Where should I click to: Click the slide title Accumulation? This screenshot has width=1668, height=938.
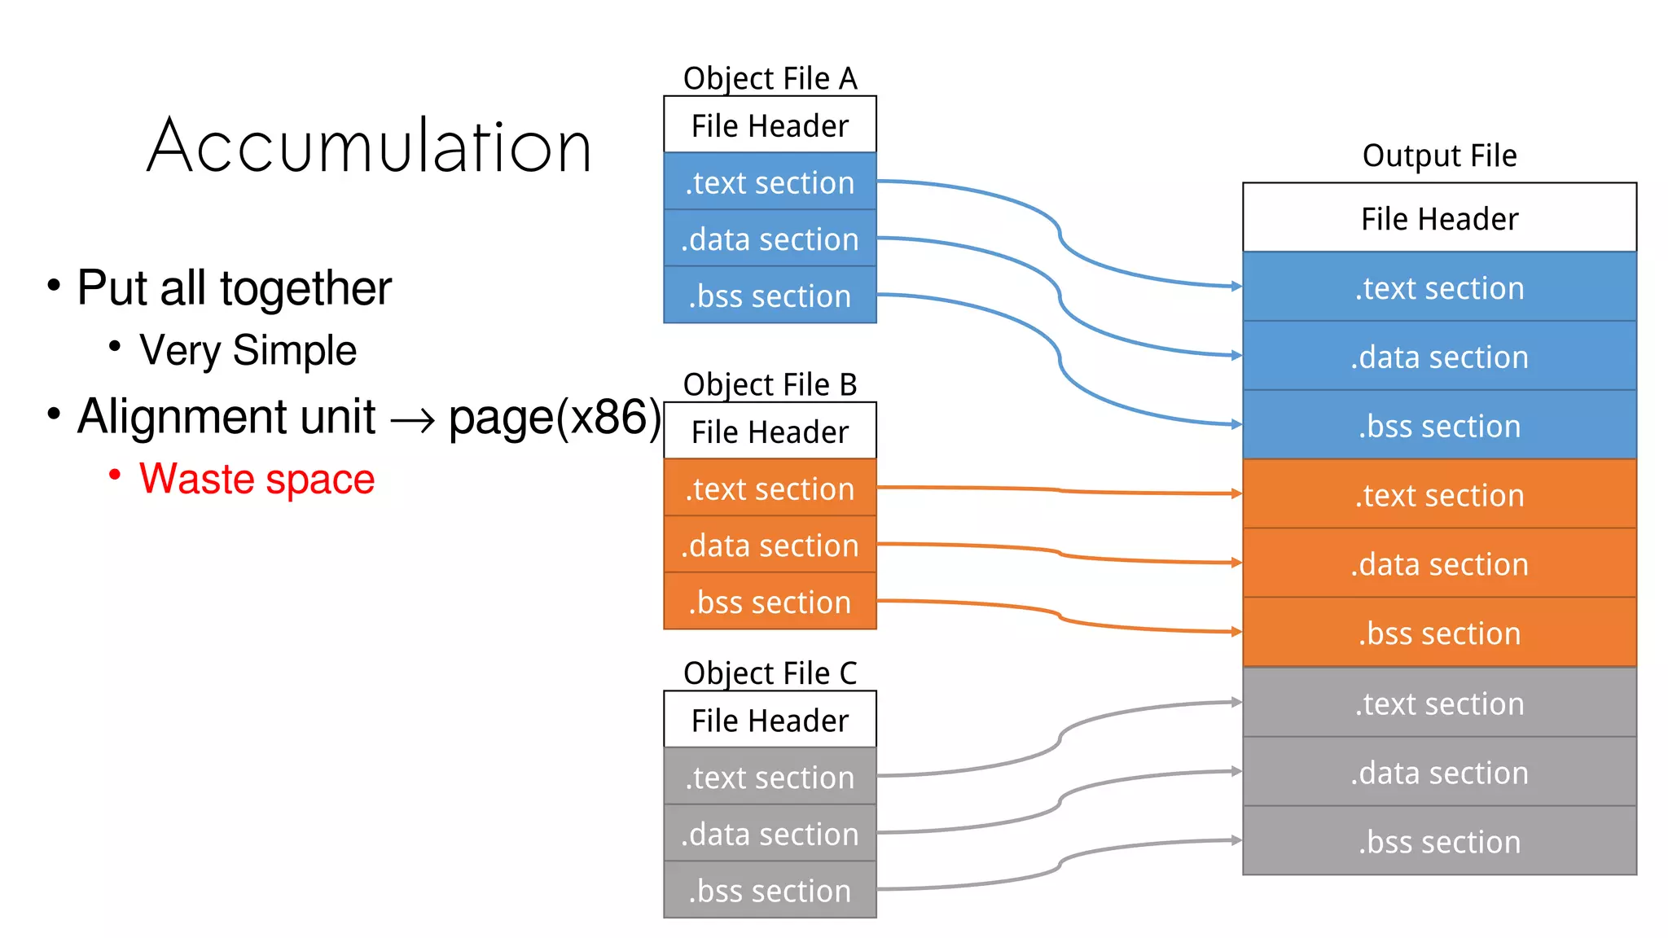pos(369,147)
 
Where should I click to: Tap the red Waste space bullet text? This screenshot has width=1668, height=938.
pos(257,479)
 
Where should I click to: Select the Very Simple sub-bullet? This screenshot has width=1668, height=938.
pos(248,351)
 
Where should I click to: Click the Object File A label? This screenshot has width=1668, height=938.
pos(770,79)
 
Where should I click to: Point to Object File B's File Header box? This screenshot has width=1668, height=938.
pos(770,432)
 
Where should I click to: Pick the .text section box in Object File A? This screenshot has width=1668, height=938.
pos(770,182)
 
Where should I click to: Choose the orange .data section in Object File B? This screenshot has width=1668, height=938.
pos(770,545)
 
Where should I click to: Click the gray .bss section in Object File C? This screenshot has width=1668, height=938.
pos(770,891)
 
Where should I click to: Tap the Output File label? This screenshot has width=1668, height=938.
pos(1439,156)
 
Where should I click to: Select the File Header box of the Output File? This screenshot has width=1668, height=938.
pos(1439,218)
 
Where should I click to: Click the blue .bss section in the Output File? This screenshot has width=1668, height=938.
pos(1439,426)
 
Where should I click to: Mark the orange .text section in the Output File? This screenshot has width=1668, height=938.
pos(1439,495)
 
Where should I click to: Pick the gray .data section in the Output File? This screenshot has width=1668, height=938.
pos(1439,772)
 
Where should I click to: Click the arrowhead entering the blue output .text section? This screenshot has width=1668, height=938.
pos(1236,287)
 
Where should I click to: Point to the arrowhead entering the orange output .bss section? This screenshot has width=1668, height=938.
pos(1236,632)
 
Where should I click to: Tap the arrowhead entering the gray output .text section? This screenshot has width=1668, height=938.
pos(1236,702)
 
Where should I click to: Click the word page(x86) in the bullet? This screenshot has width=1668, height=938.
pos(555,418)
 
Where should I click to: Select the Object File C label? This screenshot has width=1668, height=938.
pos(770,673)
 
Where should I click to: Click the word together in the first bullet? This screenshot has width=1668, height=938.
pos(305,288)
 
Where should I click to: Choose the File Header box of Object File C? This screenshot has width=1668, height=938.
pos(770,721)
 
